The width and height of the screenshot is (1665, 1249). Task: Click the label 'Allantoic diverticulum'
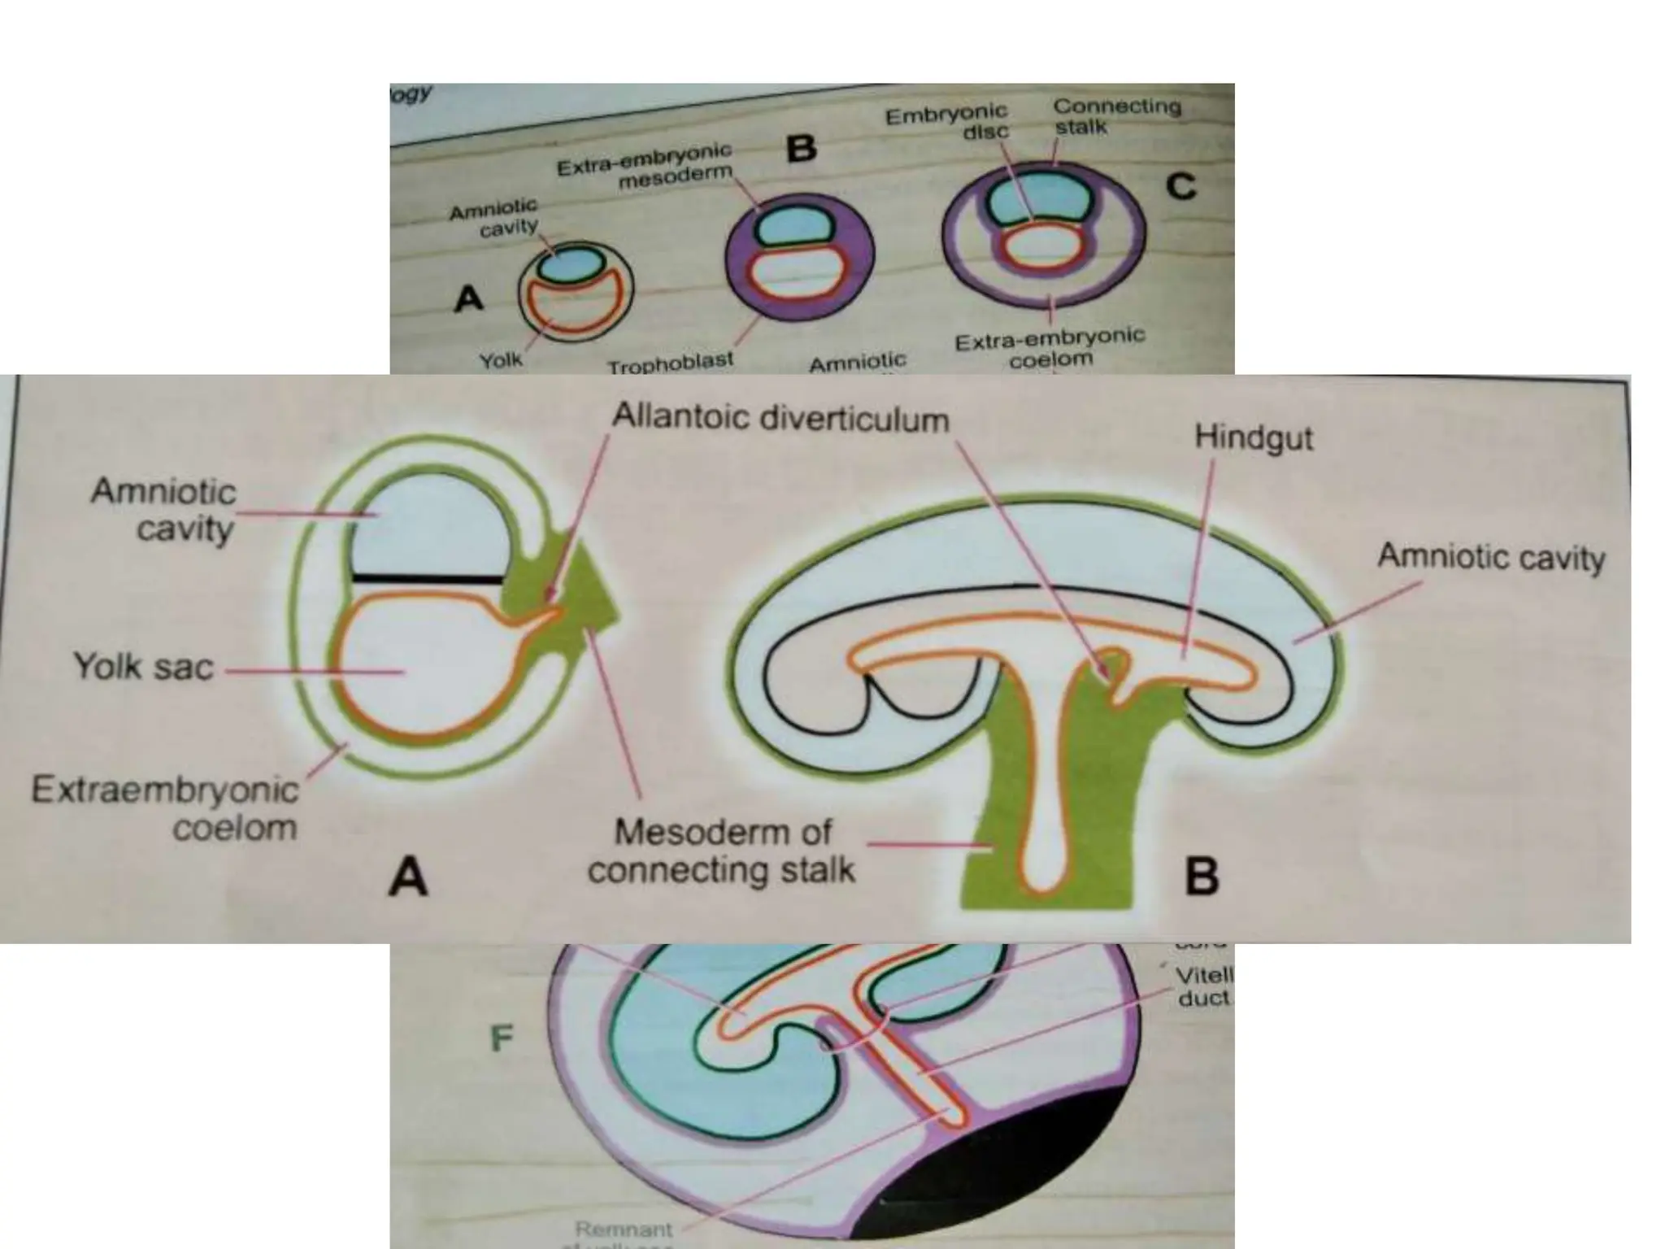coord(780,419)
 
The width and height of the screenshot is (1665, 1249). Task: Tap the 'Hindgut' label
coord(1253,438)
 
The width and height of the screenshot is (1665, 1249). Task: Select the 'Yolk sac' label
coord(144,668)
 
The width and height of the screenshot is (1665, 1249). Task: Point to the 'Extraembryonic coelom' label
coord(165,809)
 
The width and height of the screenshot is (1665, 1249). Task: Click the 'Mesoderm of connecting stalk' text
coord(721,851)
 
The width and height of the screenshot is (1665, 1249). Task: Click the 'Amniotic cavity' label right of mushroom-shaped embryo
coord(1491,558)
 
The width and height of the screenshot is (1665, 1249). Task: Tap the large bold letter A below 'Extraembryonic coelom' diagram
coord(407,878)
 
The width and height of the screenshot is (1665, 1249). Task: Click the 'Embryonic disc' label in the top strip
coord(946,122)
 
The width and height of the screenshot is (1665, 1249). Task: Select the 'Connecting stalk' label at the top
coord(1116,115)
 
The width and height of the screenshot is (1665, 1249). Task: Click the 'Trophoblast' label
coord(671,363)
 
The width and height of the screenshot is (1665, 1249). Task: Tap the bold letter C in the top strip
coord(1180,187)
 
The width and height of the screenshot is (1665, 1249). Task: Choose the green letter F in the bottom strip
coord(502,1038)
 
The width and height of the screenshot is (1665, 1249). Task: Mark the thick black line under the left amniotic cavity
coord(428,579)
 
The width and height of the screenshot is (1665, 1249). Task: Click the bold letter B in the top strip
coord(802,149)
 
